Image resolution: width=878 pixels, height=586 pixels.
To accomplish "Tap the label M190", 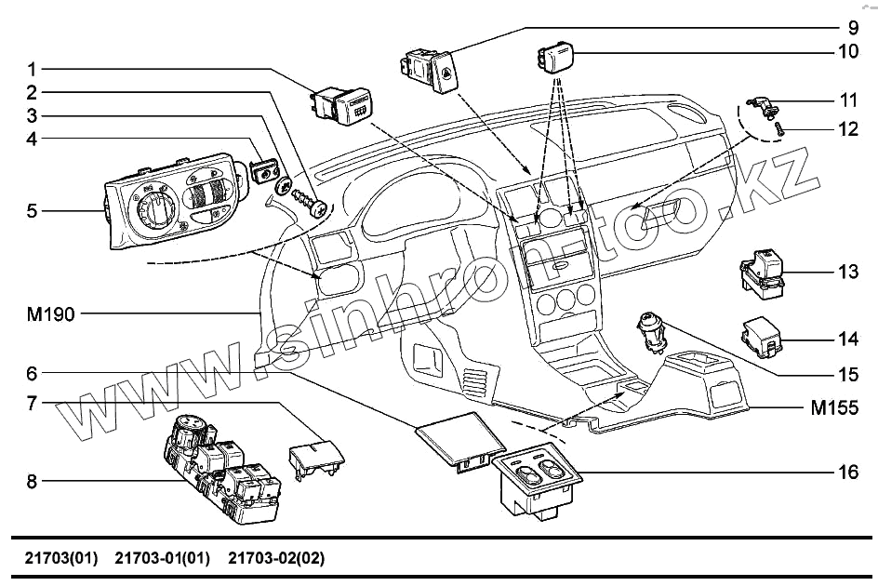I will tap(49, 314).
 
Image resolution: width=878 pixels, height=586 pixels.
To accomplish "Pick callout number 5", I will tap(32, 211).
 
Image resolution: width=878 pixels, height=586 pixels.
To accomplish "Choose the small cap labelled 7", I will tap(314, 457).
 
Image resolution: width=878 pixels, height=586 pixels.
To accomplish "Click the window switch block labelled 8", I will tap(221, 469).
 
